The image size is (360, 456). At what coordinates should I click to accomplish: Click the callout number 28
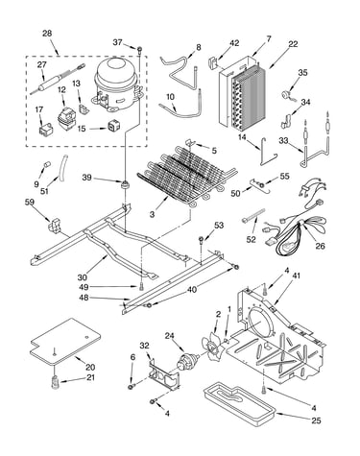(47, 34)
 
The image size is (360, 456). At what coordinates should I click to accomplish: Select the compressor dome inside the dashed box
(117, 84)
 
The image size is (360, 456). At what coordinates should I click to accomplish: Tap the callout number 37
(117, 42)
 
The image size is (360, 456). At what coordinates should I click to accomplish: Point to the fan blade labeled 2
(212, 347)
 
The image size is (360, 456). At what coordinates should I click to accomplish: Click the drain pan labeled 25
(239, 405)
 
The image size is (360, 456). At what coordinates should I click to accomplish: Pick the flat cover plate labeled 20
(65, 341)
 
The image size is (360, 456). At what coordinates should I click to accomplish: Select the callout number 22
(293, 44)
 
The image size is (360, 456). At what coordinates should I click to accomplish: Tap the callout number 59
(30, 203)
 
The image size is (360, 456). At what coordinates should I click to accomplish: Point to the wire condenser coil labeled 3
(187, 173)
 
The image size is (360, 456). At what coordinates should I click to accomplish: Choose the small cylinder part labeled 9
(47, 164)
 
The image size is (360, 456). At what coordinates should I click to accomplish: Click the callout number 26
(320, 246)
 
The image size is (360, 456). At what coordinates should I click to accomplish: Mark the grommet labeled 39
(124, 184)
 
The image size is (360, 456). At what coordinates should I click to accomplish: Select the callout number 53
(219, 226)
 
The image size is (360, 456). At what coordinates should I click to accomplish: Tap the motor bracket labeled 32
(164, 372)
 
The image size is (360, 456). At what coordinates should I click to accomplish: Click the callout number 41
(296, 276)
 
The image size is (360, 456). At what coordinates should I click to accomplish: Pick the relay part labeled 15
(114, 126)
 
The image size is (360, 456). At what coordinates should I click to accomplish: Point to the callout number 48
(84, 298)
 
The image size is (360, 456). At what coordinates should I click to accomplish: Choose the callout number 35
(302, 72)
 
